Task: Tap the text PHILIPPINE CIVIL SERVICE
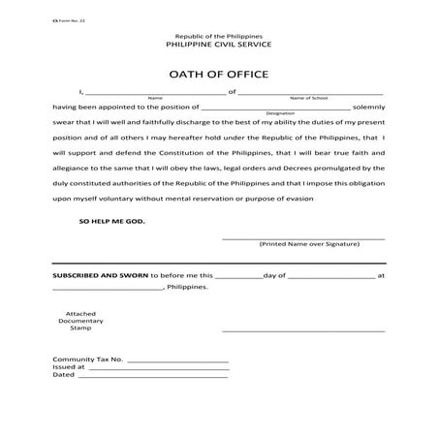[219, 44]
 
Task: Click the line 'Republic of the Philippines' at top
[219, 34]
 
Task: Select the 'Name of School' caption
[308, 98]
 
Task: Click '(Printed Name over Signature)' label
[303, 244]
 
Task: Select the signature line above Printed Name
[303, 237]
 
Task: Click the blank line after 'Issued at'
[158, 369]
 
